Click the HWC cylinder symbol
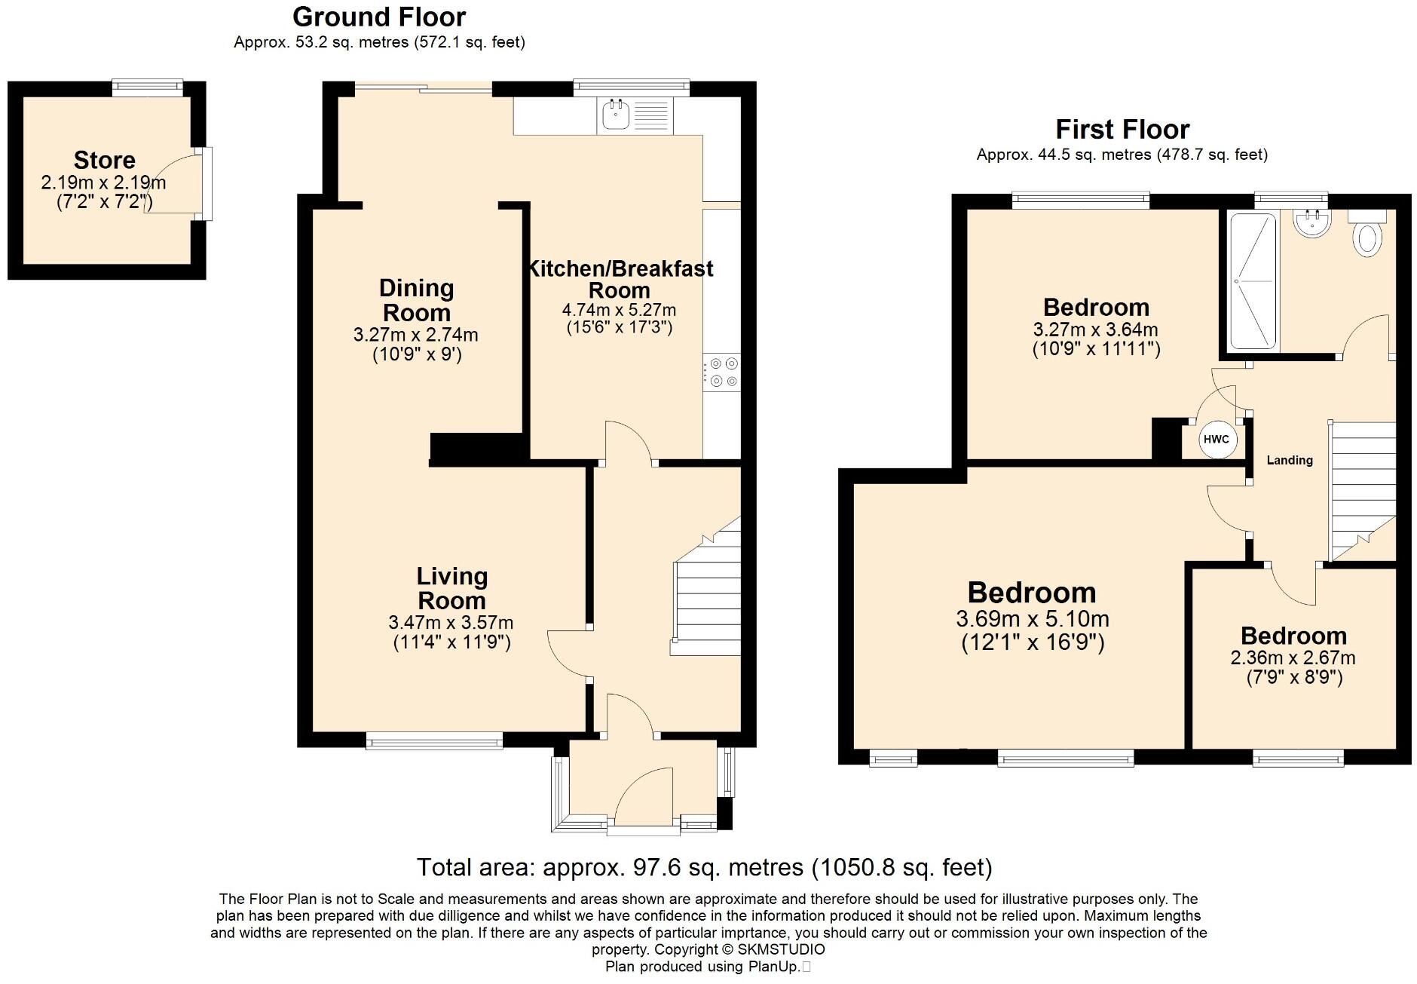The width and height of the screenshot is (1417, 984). (1216, 440)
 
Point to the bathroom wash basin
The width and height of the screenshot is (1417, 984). (1312, 222)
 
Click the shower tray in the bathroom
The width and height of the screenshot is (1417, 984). (1253, 281)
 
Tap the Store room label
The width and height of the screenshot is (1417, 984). (105, 160)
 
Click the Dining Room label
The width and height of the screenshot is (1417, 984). (416, 300)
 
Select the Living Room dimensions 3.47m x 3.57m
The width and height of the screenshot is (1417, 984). (451, 623)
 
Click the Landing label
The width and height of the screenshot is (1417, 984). (1289, 460)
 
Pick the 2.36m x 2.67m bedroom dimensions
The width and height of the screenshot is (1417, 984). (1293, 658)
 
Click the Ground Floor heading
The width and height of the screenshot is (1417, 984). (379, 17)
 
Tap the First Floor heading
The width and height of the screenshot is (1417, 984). (1122, 130)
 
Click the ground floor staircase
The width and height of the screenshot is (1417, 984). (707, 596)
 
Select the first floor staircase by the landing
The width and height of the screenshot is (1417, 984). (1363, 490)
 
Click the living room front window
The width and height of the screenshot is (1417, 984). (434, 741)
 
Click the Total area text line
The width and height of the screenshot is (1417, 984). (704, 867)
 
